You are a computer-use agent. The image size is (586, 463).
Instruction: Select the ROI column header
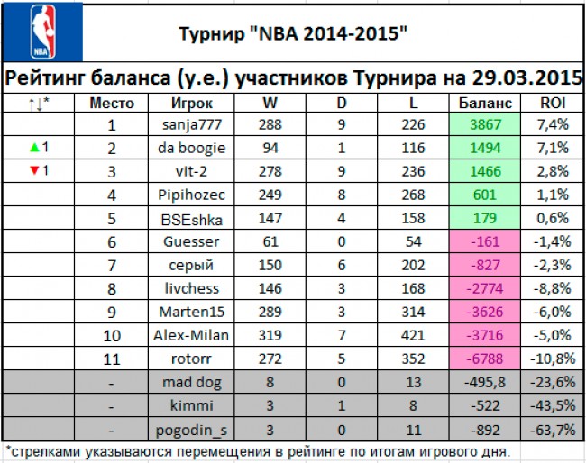[553, 103]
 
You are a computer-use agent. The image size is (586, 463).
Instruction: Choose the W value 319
[270, 335]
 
